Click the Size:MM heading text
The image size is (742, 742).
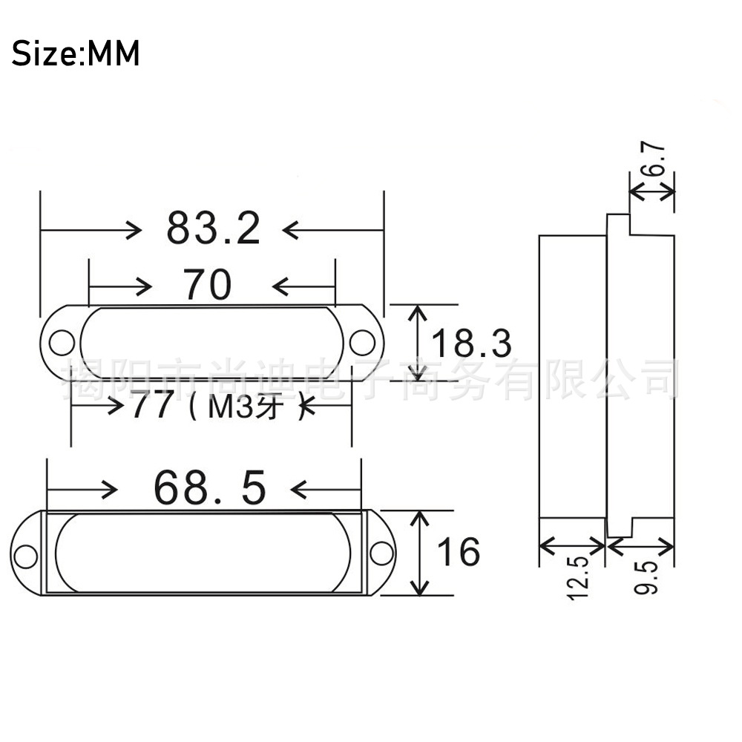click(76, 54)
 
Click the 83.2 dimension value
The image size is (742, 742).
click(213, 229)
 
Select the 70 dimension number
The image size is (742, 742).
click(208, 286)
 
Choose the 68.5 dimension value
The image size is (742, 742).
click(209, 488)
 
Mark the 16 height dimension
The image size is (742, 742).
click(458, 552)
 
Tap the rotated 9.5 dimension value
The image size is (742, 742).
click(647, 577)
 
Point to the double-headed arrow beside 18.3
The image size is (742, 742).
click(419, 342)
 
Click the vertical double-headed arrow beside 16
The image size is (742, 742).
click(421, 553)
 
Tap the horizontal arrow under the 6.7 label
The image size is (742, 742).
click(652, 191)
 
